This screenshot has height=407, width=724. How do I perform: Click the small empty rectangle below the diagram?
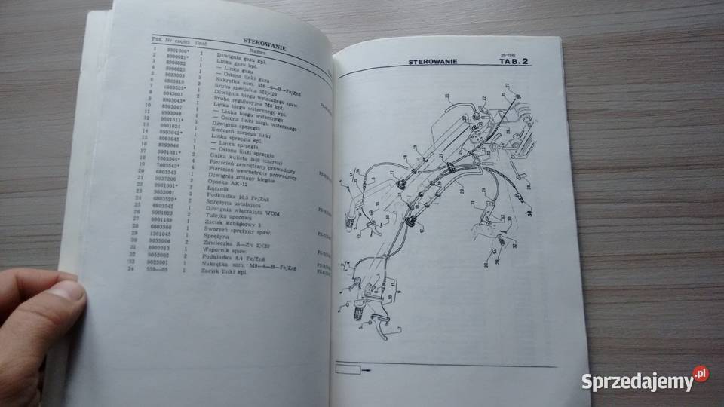(348, 370)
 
